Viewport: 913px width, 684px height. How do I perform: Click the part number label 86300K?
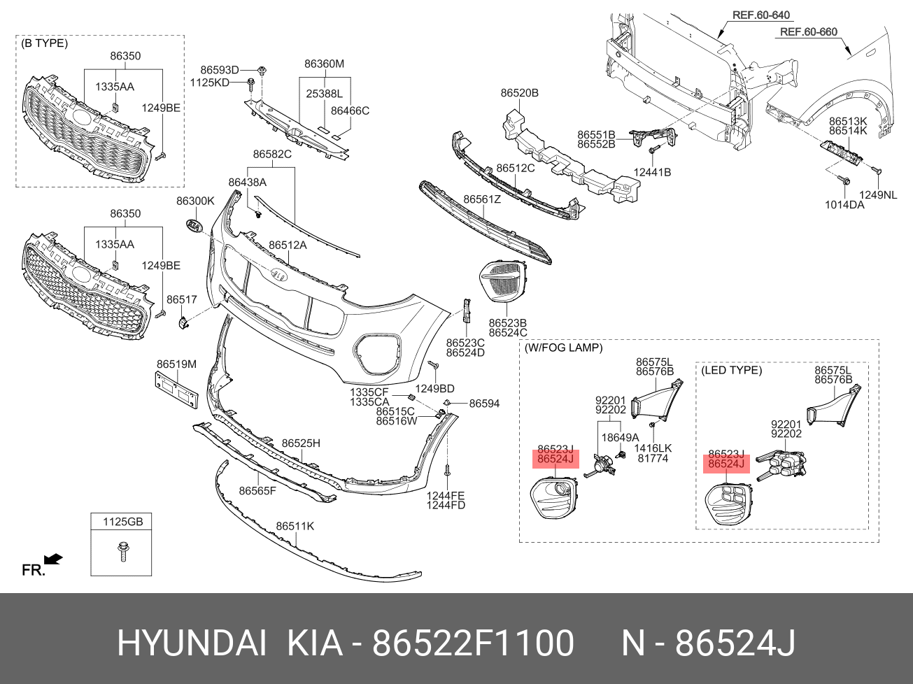[195, 201]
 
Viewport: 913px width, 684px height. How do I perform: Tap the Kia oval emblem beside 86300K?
[193, 226]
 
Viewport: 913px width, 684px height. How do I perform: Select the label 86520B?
[519, 92]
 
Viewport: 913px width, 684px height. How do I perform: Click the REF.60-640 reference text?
[761, 15]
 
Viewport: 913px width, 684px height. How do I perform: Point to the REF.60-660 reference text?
[809, 31]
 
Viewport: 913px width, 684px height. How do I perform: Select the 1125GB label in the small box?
[122, 522]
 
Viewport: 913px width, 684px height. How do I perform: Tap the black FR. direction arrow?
[53, 559]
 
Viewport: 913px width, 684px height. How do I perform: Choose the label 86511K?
[295, 526]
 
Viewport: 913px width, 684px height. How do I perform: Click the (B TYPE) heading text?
[45, 43]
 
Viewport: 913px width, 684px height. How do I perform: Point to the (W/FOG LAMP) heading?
[564, 348]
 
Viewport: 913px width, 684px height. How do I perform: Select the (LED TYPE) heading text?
[731, 370]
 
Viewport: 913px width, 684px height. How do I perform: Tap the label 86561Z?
[482, 199]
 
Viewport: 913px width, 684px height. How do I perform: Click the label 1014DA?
[844, 205]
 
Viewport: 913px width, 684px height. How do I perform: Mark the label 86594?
[484, 404]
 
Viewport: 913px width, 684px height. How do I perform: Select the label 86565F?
[257, 491]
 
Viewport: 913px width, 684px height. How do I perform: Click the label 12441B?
[652, 172]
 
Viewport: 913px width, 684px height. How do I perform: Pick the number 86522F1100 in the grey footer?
[473, 643]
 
